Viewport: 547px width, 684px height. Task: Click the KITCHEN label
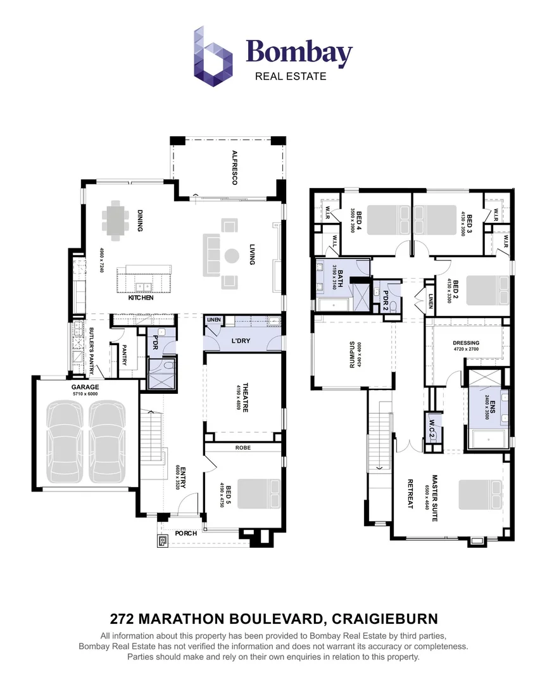pyautogui.click(x=141, y=297)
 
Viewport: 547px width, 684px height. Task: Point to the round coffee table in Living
pyautogui.click(x=229, y=256)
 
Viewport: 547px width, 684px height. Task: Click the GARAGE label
pyautogui.click(x=85, y=386)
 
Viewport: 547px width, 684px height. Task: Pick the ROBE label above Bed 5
pyautogui.click(x=243, y=446)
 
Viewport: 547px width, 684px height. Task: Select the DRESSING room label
pyautogui.click(x=466, y=343)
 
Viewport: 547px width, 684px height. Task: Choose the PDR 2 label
pyautogui.click(x=386, y=297)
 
